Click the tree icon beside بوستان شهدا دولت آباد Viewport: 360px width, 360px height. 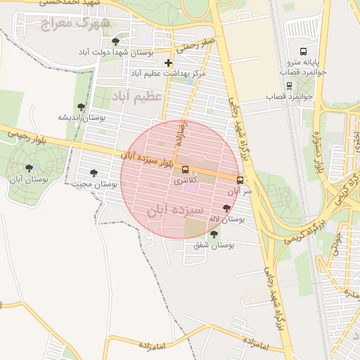115,41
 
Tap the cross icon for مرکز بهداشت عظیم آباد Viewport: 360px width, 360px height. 167,63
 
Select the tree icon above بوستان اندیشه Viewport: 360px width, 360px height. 82,108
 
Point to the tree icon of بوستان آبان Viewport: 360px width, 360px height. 29,168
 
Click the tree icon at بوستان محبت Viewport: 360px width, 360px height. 94,173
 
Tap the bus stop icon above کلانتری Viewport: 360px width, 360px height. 185,169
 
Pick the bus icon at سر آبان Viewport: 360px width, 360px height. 240,180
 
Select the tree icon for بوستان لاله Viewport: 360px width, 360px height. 226,208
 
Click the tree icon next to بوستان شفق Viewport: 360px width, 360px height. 214,234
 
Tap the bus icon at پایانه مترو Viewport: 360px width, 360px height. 303,51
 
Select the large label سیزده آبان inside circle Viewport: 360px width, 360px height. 175,210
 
